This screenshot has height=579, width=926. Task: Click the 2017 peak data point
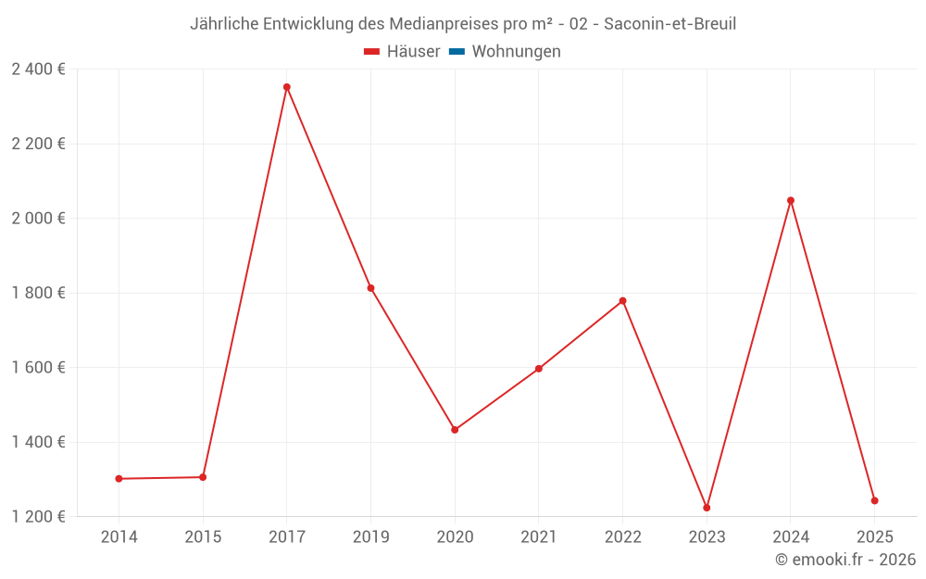point(287,87)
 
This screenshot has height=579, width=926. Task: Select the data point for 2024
point(791,200)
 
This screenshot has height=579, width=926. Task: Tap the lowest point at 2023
point(707,508)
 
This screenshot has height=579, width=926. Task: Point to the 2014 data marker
point(119,479)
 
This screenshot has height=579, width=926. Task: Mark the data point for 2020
point(455,430)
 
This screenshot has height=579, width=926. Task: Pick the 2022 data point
point(622,301)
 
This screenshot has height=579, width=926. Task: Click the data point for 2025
point(874,501)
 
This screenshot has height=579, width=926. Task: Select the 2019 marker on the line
point(370,288)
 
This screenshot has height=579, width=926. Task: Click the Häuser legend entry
point(402,52)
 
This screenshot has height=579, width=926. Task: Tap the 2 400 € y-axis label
point(38,69)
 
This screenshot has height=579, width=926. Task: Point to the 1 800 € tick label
point(38,293)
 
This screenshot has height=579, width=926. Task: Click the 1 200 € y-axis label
point(38,516)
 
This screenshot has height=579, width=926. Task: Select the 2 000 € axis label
point(38,219)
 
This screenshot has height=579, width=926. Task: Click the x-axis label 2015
point(203,537)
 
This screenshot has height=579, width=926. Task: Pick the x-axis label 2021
point(538,537)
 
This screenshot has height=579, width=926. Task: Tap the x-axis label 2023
point(707,537)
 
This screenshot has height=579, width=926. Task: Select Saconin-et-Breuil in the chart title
point(669,24)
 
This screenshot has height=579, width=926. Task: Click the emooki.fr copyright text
point(845,560)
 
